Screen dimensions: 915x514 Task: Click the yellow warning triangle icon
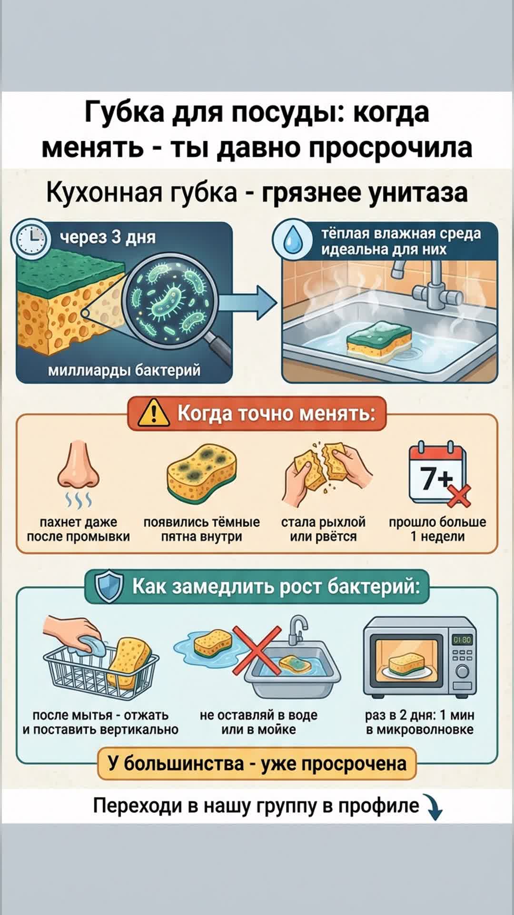(154, 413)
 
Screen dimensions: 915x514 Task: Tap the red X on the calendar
(458, 496)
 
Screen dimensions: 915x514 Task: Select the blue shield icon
(109, 587)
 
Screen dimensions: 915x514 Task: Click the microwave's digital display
(462, 640)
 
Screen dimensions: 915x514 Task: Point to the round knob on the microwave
(462, 671)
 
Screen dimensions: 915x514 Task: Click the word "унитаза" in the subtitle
(419, 193)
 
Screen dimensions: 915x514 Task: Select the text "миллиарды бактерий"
(124, 370)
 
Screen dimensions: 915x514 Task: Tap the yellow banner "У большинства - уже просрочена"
(257, 763)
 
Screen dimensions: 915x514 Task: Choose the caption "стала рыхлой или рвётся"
(323, 529)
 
